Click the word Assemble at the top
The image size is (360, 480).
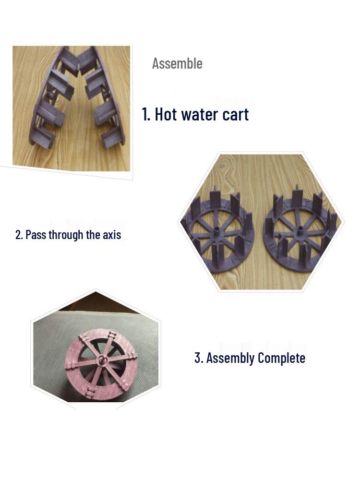pos(177,63)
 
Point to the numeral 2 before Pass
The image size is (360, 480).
pos(18,235)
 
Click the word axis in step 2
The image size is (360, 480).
pos(112,235)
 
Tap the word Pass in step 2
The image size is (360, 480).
pos(36,235)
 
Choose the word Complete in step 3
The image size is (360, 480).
pos(281,358)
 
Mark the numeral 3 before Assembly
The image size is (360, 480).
pos(197,358)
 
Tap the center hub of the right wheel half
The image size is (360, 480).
pos(300,232)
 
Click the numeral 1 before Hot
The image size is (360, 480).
pos(145,115)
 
